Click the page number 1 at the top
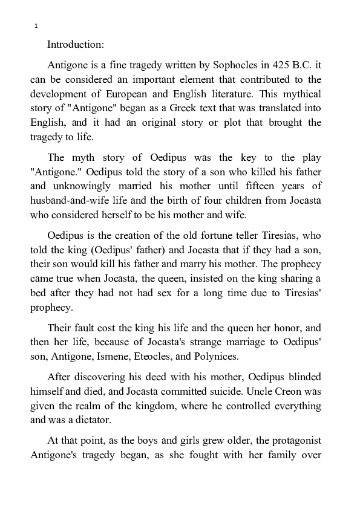36,26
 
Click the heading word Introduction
76,44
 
